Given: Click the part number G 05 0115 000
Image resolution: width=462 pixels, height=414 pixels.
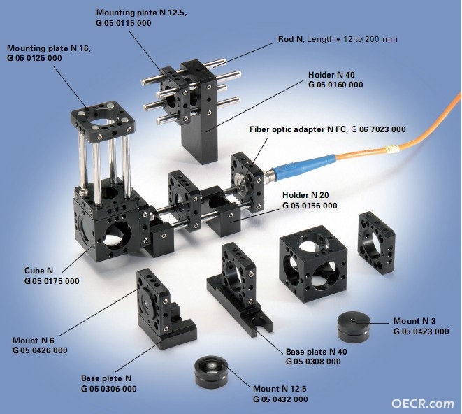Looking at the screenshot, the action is click(124, 23).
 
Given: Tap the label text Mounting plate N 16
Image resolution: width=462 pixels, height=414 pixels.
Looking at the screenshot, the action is click(49, 48).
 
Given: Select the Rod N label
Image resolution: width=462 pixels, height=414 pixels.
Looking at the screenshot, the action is click(291, 39).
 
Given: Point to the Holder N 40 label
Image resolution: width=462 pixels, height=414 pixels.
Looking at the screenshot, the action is click(331, 75).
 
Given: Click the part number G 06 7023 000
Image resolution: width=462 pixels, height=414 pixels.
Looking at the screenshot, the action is click(378, 129).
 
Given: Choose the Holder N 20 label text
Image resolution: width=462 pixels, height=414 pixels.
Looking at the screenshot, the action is click(305, 195).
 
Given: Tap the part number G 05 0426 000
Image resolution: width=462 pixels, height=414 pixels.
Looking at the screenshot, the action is click(40, 350).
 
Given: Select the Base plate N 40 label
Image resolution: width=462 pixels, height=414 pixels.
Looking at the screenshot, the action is click(316, 352).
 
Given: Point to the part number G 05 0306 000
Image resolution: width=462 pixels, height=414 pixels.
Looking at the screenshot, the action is click(109, 389).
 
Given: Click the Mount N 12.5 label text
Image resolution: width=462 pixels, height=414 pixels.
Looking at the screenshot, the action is click(280, 389).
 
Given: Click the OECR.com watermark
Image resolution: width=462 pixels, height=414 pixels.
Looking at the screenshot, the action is click(423, 403).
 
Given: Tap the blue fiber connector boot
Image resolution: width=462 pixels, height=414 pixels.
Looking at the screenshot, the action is click(303, 167).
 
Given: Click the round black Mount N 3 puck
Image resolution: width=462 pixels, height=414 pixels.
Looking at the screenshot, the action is click(354, 327).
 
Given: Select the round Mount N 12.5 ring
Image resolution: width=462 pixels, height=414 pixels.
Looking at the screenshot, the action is click(211, 371).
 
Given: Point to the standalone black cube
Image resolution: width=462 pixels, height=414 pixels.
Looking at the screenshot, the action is click(313, 264).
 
